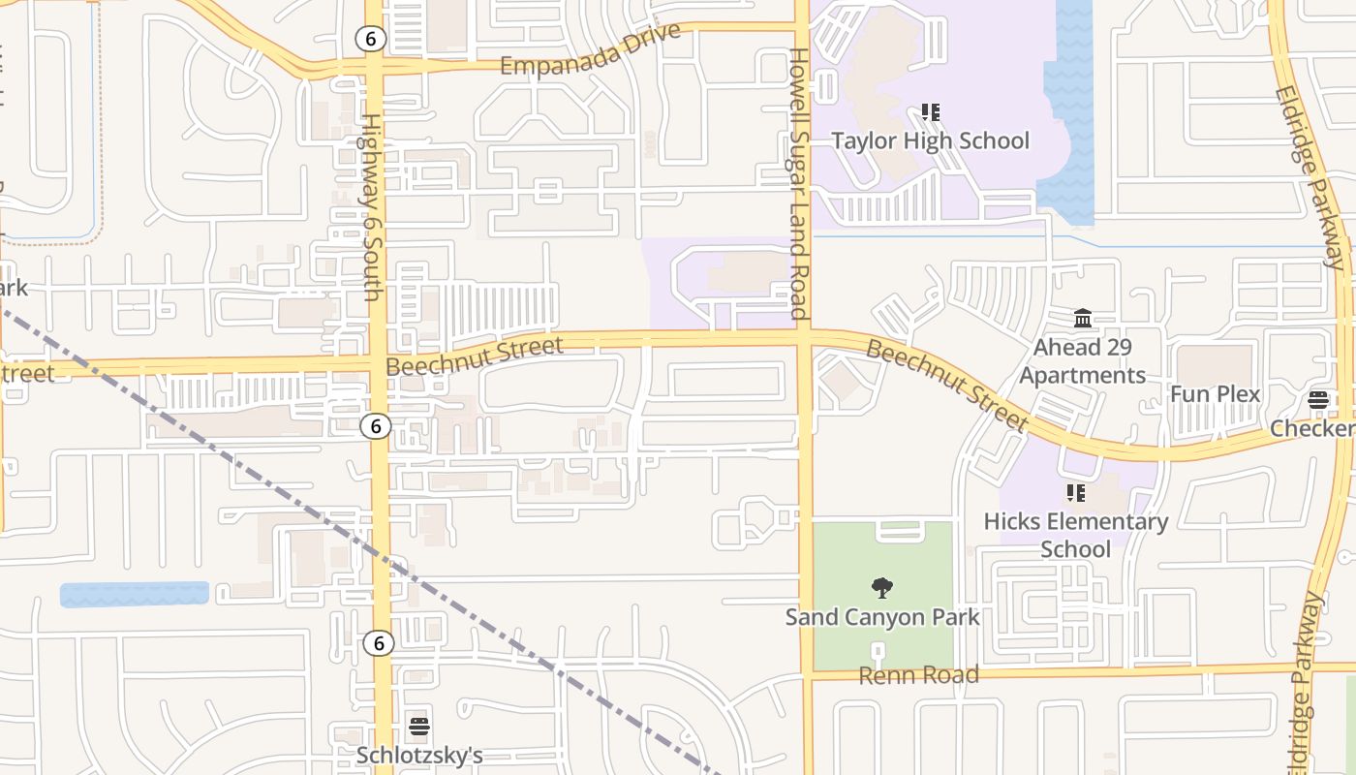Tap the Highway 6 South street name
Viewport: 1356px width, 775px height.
point(371,206)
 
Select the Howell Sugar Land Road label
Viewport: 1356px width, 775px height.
point(798,184)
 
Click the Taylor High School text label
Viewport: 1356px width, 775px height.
point(930,141)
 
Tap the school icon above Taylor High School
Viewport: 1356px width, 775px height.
point(931,112)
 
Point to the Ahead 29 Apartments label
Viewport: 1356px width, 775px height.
point(1082,361)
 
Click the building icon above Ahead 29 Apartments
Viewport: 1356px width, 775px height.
point(1083,318)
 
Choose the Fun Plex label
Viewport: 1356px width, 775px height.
point(1215,394)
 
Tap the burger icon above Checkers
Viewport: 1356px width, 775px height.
point(1317,400)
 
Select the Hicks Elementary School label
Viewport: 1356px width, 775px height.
point(1075,535)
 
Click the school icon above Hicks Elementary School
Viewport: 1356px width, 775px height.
point(1075,493)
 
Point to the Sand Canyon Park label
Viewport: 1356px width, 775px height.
point(882,617)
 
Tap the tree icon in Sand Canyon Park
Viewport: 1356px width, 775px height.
point(881,586)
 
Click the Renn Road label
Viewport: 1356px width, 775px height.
point(918,675)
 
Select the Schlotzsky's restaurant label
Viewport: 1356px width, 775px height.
point(419,755)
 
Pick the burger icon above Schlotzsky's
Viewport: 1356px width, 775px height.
point(419,726)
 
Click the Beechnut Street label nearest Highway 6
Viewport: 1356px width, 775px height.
point(474,356)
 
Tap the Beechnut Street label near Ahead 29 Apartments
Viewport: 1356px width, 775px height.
point(946,386)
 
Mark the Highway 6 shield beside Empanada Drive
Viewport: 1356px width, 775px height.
point(370,39)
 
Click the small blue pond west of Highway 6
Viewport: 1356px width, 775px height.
point(134,594)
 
